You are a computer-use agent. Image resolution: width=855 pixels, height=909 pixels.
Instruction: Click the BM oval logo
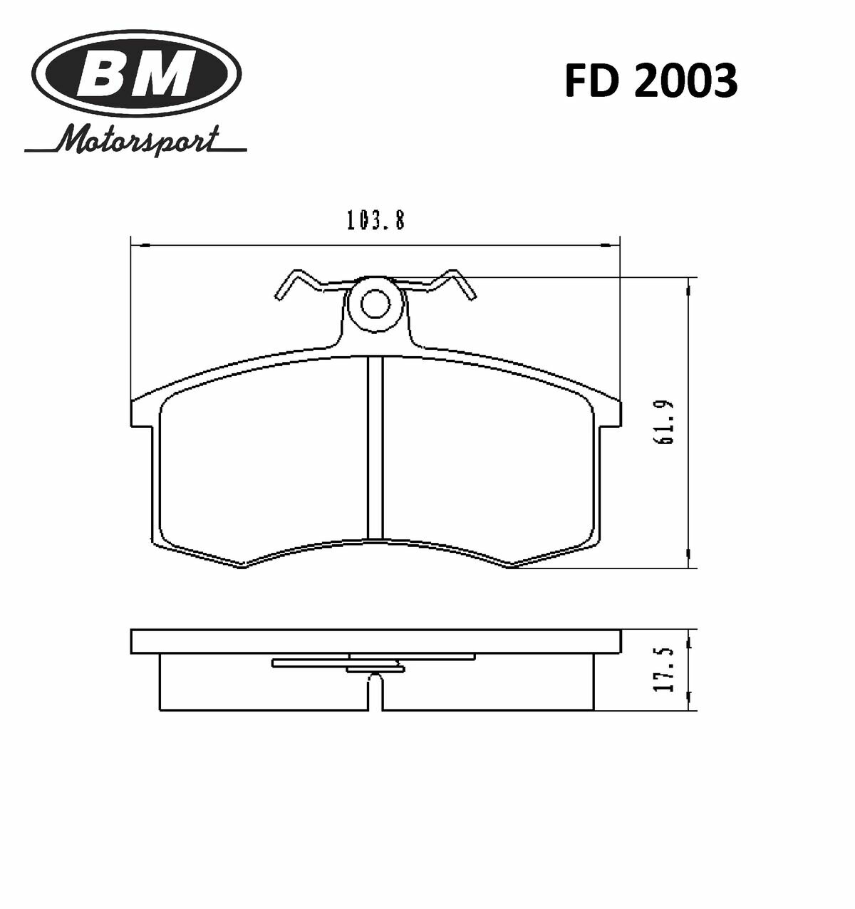[x=136, y=73]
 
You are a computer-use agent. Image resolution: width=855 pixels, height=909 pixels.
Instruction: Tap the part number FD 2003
[x=650, y=81]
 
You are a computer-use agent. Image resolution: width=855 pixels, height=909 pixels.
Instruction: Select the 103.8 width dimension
[x=375, y=222]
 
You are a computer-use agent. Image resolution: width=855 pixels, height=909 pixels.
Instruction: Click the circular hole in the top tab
[x=375, y=305]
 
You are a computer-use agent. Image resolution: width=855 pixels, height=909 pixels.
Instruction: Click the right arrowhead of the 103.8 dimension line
[x=613, y=246]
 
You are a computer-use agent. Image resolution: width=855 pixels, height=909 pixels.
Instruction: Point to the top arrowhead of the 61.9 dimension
[x=688, y=287]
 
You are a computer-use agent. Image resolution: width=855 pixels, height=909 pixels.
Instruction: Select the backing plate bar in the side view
[x=375, y=641]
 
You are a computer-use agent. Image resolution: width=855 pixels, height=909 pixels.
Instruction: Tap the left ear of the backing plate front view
[x=142, y=413]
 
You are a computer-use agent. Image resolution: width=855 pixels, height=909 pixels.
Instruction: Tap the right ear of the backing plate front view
[x=610, y=413]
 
